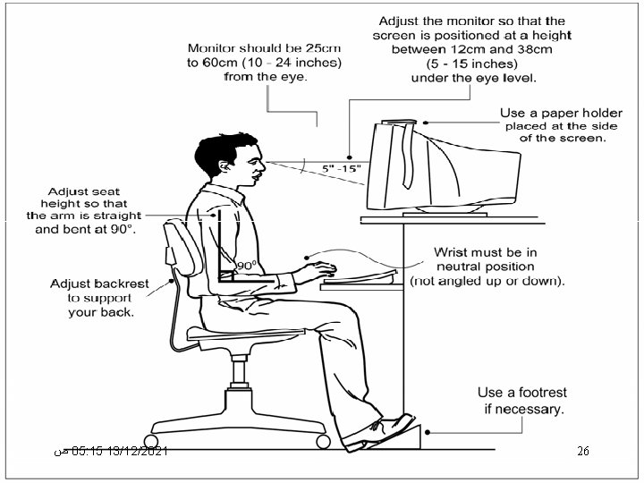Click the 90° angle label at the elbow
[x=247, y=266]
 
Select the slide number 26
[x=582, y=453]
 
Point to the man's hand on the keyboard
[x=321, y=266]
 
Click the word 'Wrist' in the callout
[x=453, y=251]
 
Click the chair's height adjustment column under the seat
[x=240, y=371]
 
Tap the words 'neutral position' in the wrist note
[x=485, y=267]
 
